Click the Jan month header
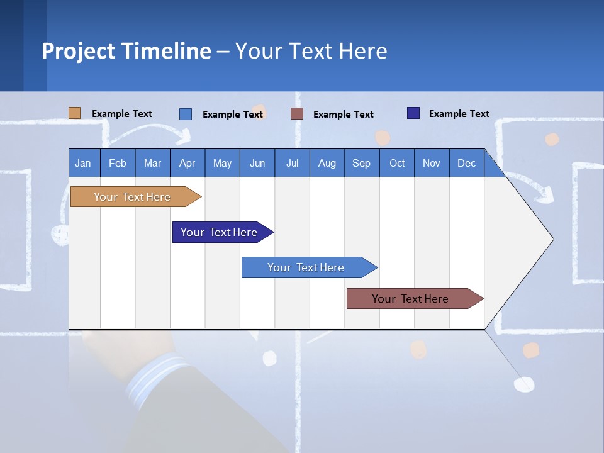coord(83,163)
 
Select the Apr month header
coord(187,163)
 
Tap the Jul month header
coord(292,163)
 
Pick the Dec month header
coord(466,163)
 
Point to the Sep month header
coord(361,163)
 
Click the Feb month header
coord(118,163)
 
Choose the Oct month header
coord(397,163)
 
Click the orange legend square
coord(74,113)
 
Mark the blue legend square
coord(186,114)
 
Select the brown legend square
coord(297,114)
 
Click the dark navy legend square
coord(413,113)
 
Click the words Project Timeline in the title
coord(126,51)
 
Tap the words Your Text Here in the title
coord(311,51)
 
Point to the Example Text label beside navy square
coord(459,114)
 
